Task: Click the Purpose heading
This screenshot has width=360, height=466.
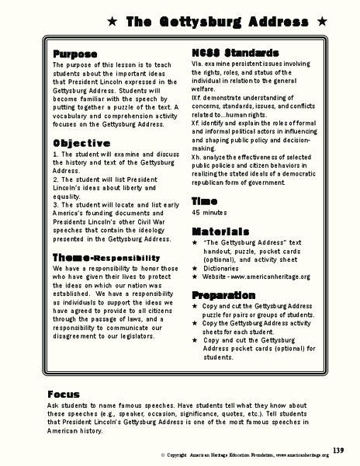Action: coord(74,54)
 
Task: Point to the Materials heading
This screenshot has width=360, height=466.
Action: coord(220,231)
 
